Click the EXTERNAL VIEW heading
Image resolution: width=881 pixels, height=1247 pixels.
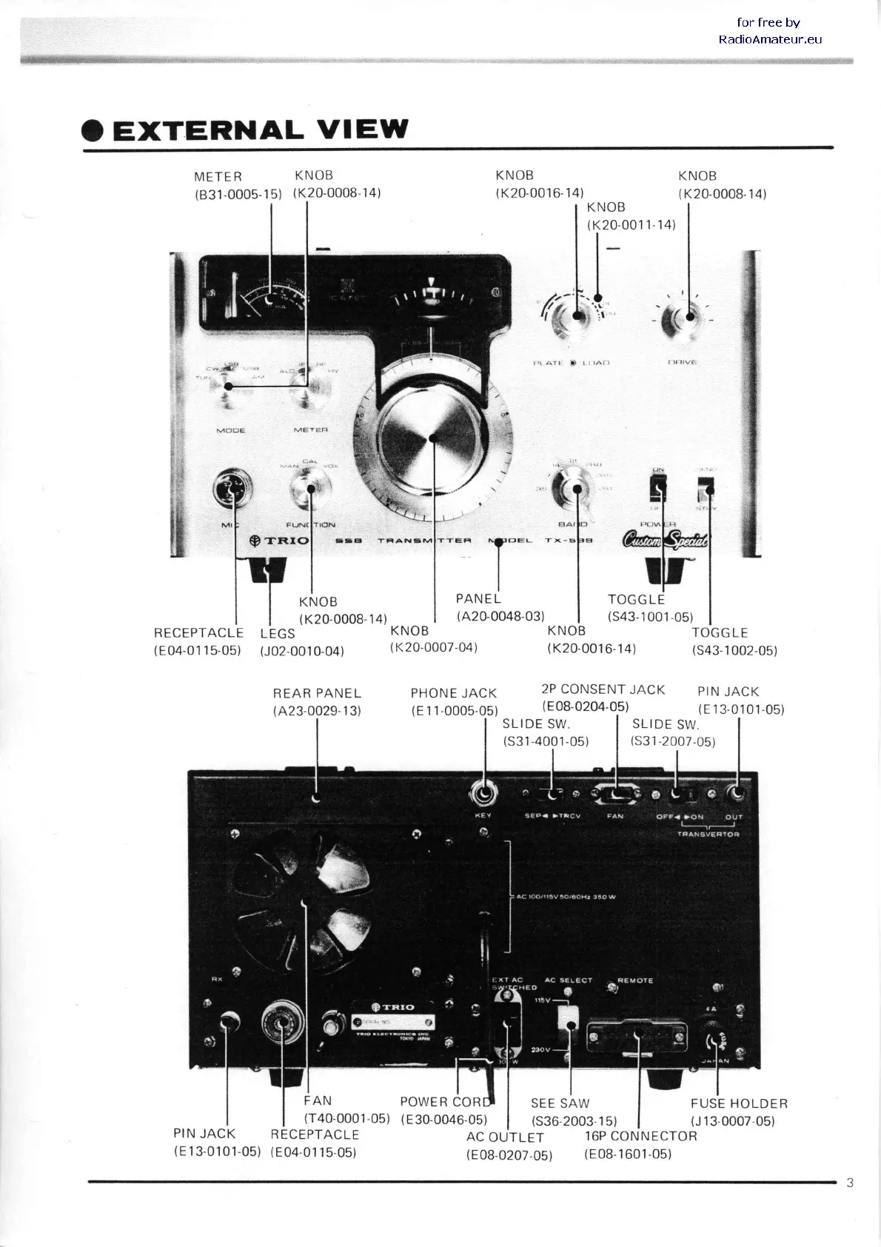[x=259, y=130]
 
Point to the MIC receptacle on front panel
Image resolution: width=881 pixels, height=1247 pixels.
[x=232, y=489]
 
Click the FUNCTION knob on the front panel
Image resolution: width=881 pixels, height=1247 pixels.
[x=309, y=489]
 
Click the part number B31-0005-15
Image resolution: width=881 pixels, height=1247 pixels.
[x=238, y=194]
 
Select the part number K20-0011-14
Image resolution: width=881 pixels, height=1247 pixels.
[x=631, y=224]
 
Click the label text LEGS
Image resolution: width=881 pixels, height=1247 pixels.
[x=278, y=633]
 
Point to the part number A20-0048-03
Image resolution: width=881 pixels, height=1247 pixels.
[x=500, y=616]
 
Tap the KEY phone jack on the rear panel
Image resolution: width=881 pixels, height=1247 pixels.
[x=483, y=795]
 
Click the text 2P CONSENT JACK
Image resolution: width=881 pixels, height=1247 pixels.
[x=603, y=689]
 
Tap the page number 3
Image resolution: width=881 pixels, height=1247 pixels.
[x=850, y=1183]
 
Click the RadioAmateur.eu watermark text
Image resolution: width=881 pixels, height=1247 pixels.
[x=770, y=39]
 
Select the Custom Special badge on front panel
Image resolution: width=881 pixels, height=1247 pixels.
[x=665, y=541]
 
